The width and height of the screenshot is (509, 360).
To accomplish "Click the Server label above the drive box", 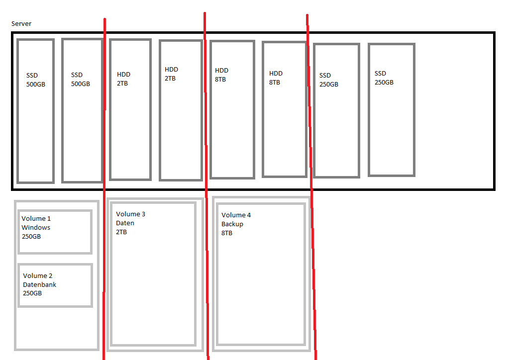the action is [x=21, y=24].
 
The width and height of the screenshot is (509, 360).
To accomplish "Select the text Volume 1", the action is [x=36, y=218].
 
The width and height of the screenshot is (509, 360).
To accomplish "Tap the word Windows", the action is [x=36, y=227].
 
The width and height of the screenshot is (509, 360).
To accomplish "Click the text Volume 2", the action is [x=37, y=275].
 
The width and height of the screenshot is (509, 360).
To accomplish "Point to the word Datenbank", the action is [x=39, y=284].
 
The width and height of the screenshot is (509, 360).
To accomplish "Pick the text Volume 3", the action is [x=130, y=214].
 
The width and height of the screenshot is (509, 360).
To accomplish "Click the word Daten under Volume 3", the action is [x=125, y=223].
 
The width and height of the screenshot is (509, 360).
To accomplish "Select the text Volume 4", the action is [x=236, y=215].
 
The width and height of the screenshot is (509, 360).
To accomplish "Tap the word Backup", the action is [x=232, y=224].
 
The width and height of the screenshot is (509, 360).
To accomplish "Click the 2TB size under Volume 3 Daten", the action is [x=121, y=232].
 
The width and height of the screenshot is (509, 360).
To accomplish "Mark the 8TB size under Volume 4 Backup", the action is [x=227, y=233].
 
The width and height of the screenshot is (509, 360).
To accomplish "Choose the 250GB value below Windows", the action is [x=31, y=236].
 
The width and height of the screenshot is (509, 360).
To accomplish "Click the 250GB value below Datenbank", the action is [x=32, y=293].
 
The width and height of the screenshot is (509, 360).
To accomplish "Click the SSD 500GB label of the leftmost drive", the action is [x=35, y=80].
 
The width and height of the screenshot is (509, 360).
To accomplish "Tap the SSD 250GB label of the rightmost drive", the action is [x=384, y=78].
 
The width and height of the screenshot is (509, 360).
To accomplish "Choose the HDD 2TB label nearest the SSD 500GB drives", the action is [x=123, y=79].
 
